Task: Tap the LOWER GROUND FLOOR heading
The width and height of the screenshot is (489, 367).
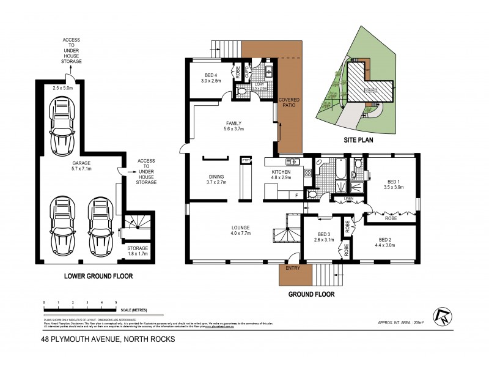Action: (x=99, y=276)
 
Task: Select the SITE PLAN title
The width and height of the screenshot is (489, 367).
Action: (x=357, y=139)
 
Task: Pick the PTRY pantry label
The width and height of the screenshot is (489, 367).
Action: (x=246, y=160)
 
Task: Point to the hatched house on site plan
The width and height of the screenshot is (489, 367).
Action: (x=367, y=83)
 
